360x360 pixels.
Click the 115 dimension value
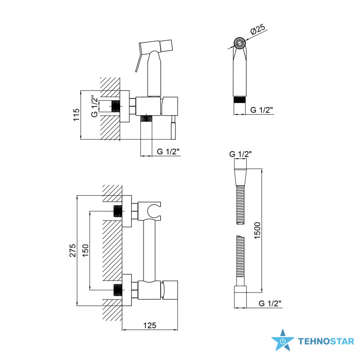point(76,115)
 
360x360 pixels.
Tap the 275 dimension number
point(73,251)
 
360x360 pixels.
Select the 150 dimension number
point(85,251)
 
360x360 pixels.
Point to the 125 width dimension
point(150,325)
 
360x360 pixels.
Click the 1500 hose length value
point(257,230)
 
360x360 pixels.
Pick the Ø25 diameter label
point(257,29)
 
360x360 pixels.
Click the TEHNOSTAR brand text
point(326,342)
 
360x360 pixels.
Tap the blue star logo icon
point(283,340)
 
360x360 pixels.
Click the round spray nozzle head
point(240,43)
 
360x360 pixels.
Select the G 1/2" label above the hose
point(240,154)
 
